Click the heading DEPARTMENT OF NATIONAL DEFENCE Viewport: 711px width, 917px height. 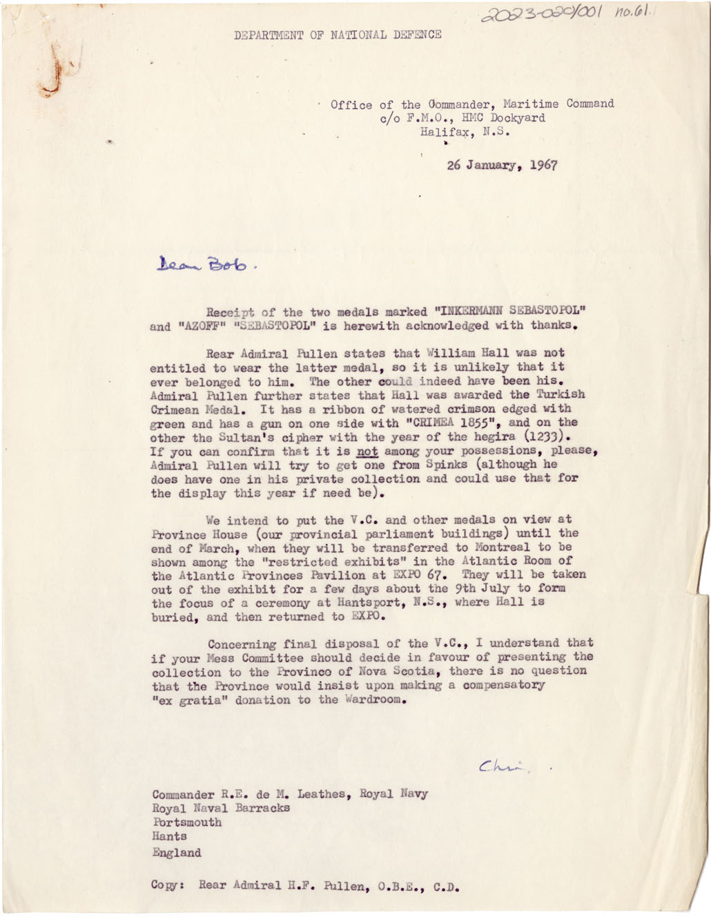(338, 35)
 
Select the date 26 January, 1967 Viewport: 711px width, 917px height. (502, 166)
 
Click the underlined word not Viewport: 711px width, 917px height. (367, 451)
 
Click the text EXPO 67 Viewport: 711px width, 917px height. (422, 575)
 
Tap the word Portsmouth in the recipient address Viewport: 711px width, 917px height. (187, 822)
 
